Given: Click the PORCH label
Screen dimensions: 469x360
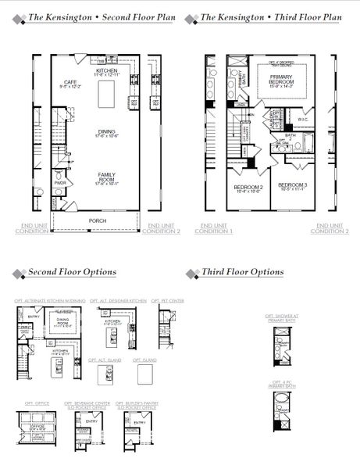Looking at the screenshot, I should coord(97,220).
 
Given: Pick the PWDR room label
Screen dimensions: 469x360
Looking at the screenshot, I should coord(60,184).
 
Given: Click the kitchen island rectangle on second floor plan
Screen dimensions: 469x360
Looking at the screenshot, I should coord(102,95).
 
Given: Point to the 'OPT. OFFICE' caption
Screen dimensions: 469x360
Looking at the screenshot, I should coord(37,403).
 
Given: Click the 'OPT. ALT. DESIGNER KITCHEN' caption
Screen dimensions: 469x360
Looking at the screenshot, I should coord(118,300).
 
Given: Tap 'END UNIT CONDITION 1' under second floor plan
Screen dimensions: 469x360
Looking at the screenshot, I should coord(32,228).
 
